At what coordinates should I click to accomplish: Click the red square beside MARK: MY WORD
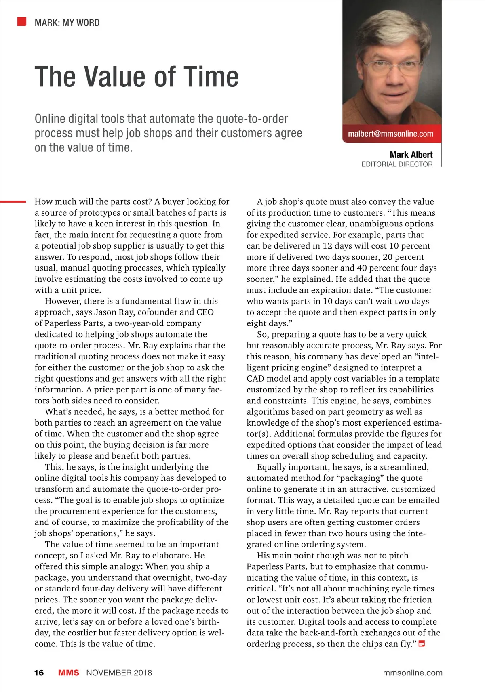point(22,21)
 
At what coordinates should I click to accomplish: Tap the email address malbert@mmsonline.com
point(390,134)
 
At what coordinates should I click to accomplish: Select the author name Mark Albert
point(411,155)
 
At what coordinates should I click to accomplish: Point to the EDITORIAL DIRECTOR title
point(397,164)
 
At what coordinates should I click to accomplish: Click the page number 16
point(39,673)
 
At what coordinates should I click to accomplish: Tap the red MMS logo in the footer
point(69,673)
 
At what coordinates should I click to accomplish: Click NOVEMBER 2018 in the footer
point(119,673)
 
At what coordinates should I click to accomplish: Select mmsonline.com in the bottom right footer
point(412,673)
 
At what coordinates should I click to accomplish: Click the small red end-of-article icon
point(422,644)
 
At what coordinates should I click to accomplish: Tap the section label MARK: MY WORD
point(67,23)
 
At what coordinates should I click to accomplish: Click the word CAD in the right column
point(255,379)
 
